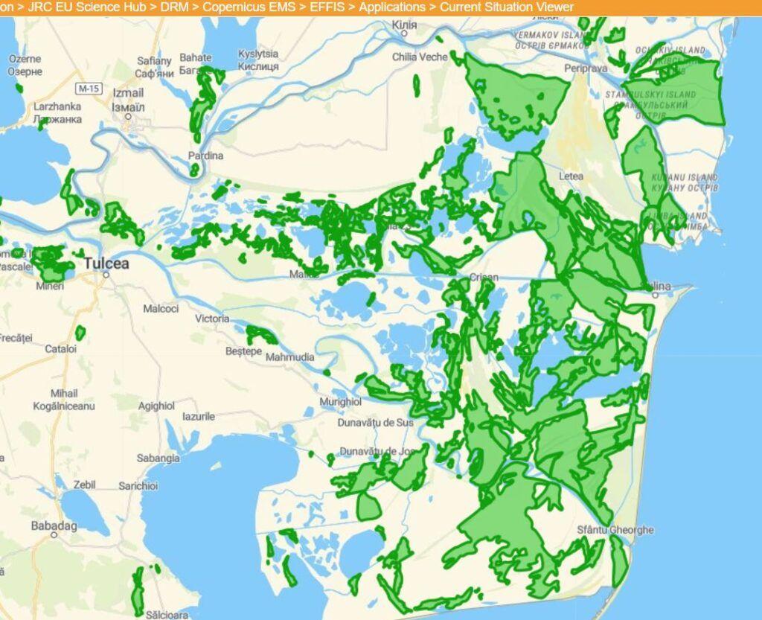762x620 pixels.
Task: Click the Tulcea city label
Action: tap(106, 263)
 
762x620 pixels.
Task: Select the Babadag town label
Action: tap(54, 525)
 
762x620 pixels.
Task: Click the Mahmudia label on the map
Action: tap(290, 357)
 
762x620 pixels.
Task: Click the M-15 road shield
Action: tap(89, 89)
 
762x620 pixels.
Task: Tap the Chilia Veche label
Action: tap(421, 57)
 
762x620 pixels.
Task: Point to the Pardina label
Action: tap(205, 156)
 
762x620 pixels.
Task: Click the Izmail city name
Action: tap(128, 93)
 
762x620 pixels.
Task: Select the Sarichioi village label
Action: tap(138, 486)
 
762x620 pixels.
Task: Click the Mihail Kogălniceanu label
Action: tap(64, 400)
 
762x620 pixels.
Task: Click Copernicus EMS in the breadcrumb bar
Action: tap(249, 7)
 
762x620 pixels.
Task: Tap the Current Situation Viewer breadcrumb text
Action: tap(507, 7)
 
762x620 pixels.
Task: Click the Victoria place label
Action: tap(212, 319)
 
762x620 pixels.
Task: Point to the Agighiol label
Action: tap(157, 406)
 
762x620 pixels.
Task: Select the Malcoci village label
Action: tap(161, 308)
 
